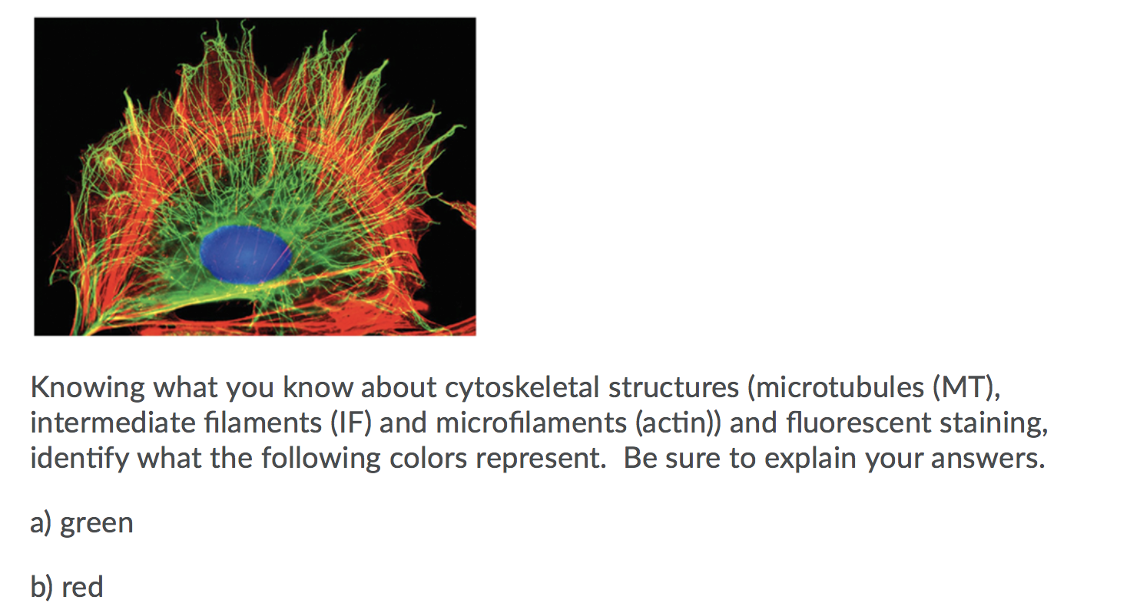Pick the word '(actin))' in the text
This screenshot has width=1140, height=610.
coord(677,423)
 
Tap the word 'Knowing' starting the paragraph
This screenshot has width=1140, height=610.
coord(87,387)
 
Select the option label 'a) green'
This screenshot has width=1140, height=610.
coord(81,523)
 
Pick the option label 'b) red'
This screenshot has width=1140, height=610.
coord(67,587)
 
